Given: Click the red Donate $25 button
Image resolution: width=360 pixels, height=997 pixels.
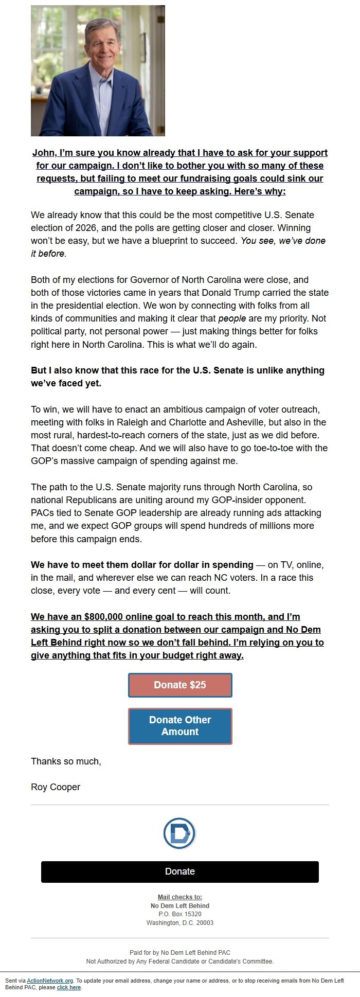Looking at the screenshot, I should click(x=180, y=685).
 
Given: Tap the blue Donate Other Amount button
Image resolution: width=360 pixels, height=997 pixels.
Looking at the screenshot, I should click(x=180, y=726).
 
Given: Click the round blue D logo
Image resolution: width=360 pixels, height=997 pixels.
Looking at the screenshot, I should click(x=179, y=833).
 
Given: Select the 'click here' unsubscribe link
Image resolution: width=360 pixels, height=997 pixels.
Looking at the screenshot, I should click(x=69, y=987).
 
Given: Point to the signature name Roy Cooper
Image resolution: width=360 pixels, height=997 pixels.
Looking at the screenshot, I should click(x=56, y=787).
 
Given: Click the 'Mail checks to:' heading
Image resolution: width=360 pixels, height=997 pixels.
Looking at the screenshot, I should click(x=180, y=897).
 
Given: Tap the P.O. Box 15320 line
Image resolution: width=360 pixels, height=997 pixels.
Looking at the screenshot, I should click(x=180, y=914).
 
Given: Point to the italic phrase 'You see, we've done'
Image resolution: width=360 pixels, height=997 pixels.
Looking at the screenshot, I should click(x=283, y=241).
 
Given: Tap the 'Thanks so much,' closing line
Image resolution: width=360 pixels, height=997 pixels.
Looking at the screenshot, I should click(x=66, y=761).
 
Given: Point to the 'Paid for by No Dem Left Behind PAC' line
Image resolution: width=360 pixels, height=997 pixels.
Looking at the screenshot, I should click(x=180, y=953).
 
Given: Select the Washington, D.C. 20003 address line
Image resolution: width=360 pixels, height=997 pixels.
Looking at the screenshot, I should click(x=180, y=923).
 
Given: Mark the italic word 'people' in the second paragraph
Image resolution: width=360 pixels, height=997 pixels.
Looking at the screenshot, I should click(x=232, y=318).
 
